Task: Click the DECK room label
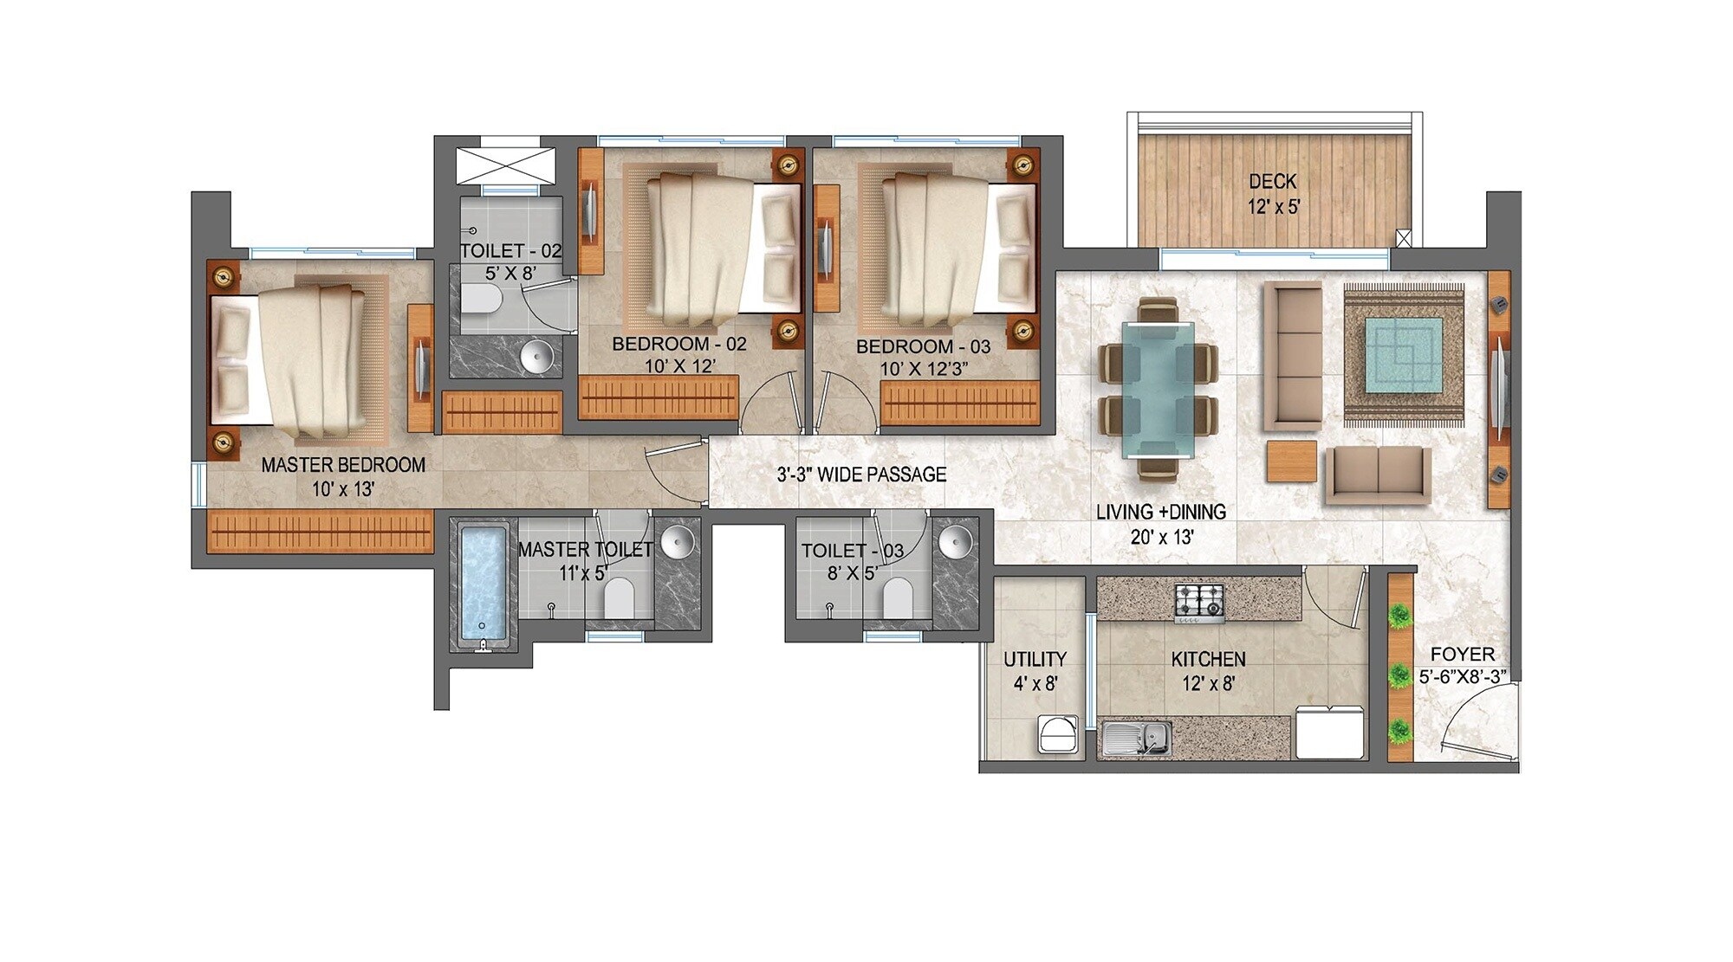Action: [1272, 182]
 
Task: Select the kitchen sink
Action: [1137, 739]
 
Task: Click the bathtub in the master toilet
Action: [483, 583]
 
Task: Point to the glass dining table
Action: [1158, 389]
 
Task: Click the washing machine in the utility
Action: [1058, 734]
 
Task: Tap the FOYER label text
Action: [1462, 655]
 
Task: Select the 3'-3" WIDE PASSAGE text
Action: [861, 475]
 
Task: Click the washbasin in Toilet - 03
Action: [954, 540]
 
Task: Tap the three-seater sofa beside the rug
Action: [1293, 355]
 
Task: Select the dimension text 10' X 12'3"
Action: [924, 369]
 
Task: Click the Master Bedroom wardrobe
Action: [320, 530]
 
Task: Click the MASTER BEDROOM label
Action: [343, 465]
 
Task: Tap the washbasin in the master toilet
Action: [677, 542]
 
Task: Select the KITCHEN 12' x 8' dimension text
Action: [1208, 683]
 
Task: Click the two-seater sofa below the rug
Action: [1378, 475]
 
